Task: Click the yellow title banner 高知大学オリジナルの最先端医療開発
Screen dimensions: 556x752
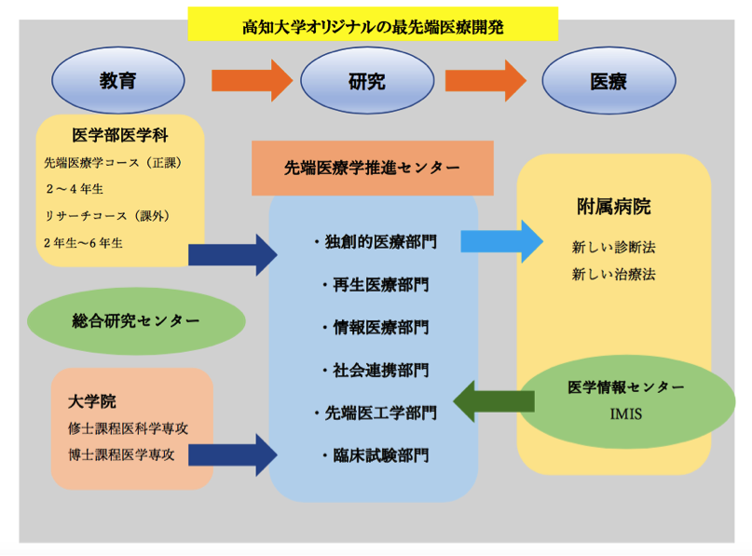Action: [373, 25]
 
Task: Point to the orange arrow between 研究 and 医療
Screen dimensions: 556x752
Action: [485, 81]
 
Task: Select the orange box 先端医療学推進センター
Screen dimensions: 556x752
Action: [372, 168]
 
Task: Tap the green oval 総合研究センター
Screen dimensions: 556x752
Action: [136, 320]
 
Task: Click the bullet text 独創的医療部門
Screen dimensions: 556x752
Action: [373, 241]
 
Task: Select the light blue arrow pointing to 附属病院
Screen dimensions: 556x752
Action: [500, 241]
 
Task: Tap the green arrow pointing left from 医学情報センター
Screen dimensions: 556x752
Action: [493, 401]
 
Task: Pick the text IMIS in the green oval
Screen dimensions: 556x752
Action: [625, 411]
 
